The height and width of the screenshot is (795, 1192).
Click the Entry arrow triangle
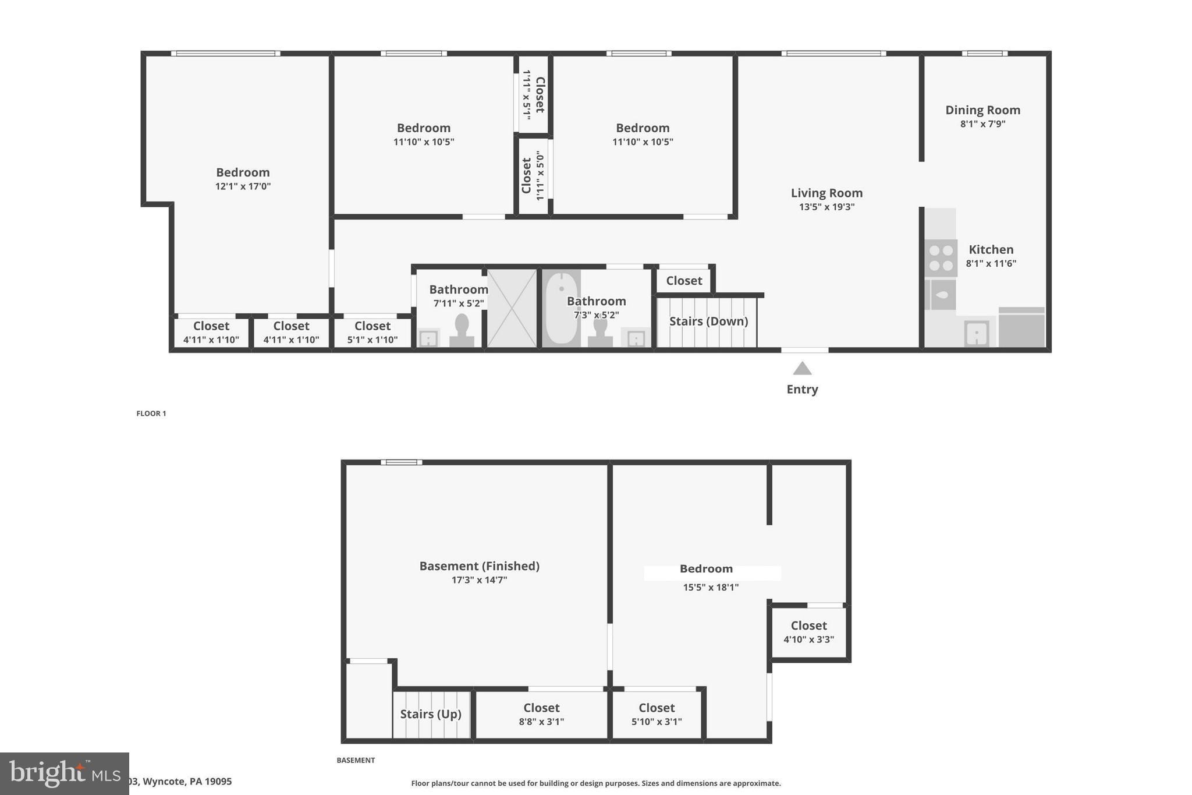(x=802, y=368)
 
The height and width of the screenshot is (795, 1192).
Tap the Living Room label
(x=826, y=193)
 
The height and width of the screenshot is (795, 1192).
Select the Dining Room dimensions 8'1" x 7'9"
(x=982, y=124)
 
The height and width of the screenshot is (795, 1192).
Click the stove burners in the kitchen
(x=941, y=258)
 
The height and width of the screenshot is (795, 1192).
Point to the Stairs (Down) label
(x=708, y=321)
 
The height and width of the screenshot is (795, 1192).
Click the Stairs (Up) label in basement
(x=431, y=714)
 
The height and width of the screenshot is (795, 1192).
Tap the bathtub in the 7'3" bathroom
(x=561, y=308)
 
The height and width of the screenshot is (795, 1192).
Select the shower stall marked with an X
(x=512, y=308)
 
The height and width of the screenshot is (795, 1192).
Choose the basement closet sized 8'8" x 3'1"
(x=541, y=715)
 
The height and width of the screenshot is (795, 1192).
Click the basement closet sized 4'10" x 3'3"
(x=808, y=632)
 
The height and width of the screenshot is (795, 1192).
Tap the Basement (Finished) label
(x=479, y=566)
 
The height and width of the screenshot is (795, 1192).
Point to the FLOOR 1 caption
(x=151, y=414)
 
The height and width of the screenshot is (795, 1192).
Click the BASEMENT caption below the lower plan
(x=356, y=760)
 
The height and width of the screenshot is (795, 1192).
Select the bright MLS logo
(x=64, y=773)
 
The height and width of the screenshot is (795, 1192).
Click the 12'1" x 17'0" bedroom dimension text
(x=243, y=186)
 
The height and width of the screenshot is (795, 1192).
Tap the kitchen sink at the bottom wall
(x=977, y=334)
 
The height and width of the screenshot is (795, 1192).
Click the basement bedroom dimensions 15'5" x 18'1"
(x=711, y=587)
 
